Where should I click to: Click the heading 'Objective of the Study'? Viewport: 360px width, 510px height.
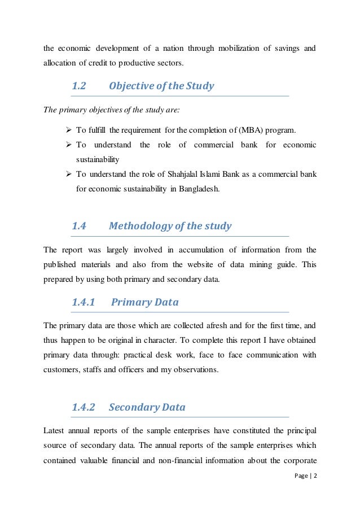click(x=161, y=86)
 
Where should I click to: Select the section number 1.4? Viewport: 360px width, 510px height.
click(x=78, y=227)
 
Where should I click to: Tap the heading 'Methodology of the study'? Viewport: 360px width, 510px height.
click(x=170, y=227)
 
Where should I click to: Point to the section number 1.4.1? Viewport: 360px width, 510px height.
click(x=83, y=302)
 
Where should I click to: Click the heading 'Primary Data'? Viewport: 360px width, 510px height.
click(x=145, y=302)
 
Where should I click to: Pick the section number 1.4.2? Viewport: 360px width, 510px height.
click(x=83, y=407)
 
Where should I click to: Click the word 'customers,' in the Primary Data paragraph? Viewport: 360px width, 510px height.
click(x=62, y=369)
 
